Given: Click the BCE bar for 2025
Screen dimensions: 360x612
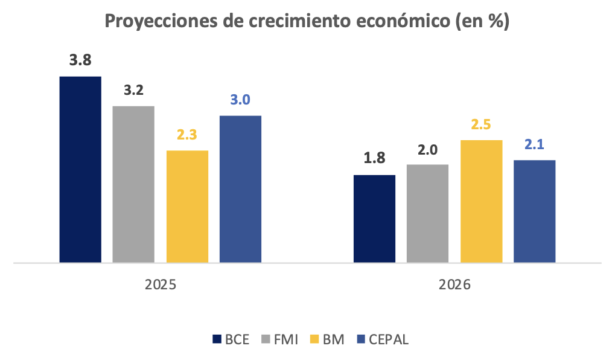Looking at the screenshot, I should [80, 170].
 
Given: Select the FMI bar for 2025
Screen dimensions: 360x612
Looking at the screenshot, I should [133, 184].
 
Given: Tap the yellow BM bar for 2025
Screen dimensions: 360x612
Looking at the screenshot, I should [187, 207].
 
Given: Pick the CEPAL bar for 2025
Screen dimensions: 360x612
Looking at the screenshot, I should [240, 189].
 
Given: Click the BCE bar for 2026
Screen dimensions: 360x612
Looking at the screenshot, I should [374, 219].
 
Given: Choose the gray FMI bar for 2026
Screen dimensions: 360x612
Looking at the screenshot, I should [427, 213].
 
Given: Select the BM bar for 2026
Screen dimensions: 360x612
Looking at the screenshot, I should [481, 201].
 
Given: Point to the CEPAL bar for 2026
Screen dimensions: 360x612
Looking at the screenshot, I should [534, 211].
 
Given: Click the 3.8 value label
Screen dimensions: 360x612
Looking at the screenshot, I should [80, 60].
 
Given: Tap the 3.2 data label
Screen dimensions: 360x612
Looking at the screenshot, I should [133, 90].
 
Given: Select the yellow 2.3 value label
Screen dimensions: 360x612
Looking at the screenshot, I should [187, 135].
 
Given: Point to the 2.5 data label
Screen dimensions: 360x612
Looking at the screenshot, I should [481, 124].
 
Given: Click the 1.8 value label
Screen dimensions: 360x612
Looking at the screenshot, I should [374, 159].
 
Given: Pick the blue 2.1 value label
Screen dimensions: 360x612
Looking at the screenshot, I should [534, 144].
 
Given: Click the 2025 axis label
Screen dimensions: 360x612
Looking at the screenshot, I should [161, 284].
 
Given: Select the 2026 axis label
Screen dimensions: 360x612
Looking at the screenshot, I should [454, 284].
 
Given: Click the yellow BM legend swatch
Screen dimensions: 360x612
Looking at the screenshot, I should [314, 339].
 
